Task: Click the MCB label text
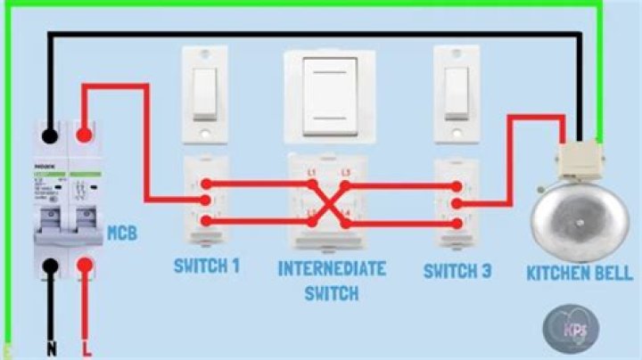(x=122, y=234)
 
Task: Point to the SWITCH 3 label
(x=457, y=270)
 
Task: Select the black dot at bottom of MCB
(x=51, y=265)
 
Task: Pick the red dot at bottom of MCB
(x=84, y=265)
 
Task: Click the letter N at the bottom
(x=51, y=348)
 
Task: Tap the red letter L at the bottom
(x=85, y=348)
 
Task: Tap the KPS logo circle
(x=570, y=326)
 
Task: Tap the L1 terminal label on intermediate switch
(x=311, y=171)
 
